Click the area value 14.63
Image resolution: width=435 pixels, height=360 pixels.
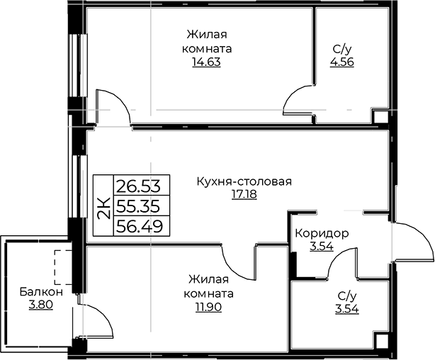206,62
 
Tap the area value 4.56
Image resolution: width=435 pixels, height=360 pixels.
341,62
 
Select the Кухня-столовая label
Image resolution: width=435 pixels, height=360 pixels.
244,182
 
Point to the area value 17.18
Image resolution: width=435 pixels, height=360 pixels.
244,194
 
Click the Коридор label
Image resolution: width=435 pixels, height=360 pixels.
322,234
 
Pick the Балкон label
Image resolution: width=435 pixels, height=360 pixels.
41,292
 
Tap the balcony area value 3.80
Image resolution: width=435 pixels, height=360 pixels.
40,305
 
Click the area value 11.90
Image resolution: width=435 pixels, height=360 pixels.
208,308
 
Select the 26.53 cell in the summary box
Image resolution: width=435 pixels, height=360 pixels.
142,185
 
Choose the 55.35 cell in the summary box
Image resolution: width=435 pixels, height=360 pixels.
142,206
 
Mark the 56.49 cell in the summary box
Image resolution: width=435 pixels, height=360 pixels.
142,225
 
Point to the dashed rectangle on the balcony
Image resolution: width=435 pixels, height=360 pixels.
63,267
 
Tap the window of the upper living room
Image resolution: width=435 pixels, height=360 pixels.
74,65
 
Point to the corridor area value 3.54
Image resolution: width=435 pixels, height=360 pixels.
322,246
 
